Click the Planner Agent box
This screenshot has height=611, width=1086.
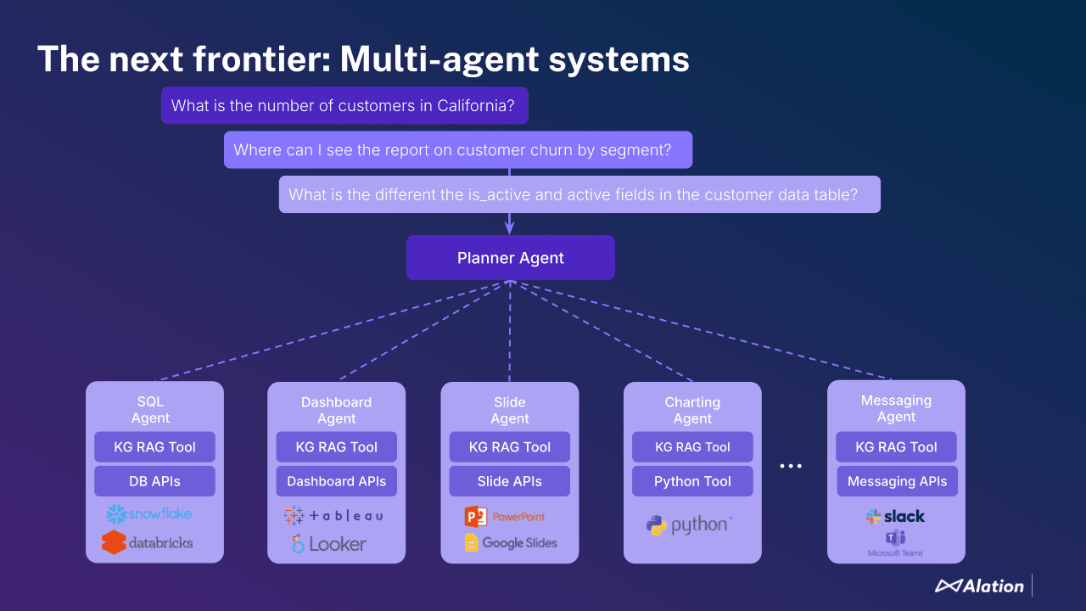510,258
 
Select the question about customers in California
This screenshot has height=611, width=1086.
344,106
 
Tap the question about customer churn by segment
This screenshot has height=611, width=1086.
458,150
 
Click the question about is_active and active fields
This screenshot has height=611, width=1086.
579,194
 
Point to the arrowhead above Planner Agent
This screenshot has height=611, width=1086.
510,227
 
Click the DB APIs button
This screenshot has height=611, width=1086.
154,481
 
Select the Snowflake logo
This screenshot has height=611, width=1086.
149,513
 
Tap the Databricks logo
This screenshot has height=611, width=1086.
148,542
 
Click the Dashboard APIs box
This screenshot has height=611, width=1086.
336,481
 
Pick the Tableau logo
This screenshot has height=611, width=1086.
333,515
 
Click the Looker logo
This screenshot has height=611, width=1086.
329,544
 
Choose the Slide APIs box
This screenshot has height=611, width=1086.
509,481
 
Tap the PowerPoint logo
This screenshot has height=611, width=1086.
505,516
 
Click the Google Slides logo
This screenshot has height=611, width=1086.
511,543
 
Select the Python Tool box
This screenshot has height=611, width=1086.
692,481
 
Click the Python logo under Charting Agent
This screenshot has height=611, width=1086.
688,525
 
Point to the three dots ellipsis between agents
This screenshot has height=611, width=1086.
791,466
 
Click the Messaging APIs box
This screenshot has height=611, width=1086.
897,481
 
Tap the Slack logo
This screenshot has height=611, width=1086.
895,516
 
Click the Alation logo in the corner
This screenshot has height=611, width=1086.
979,586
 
